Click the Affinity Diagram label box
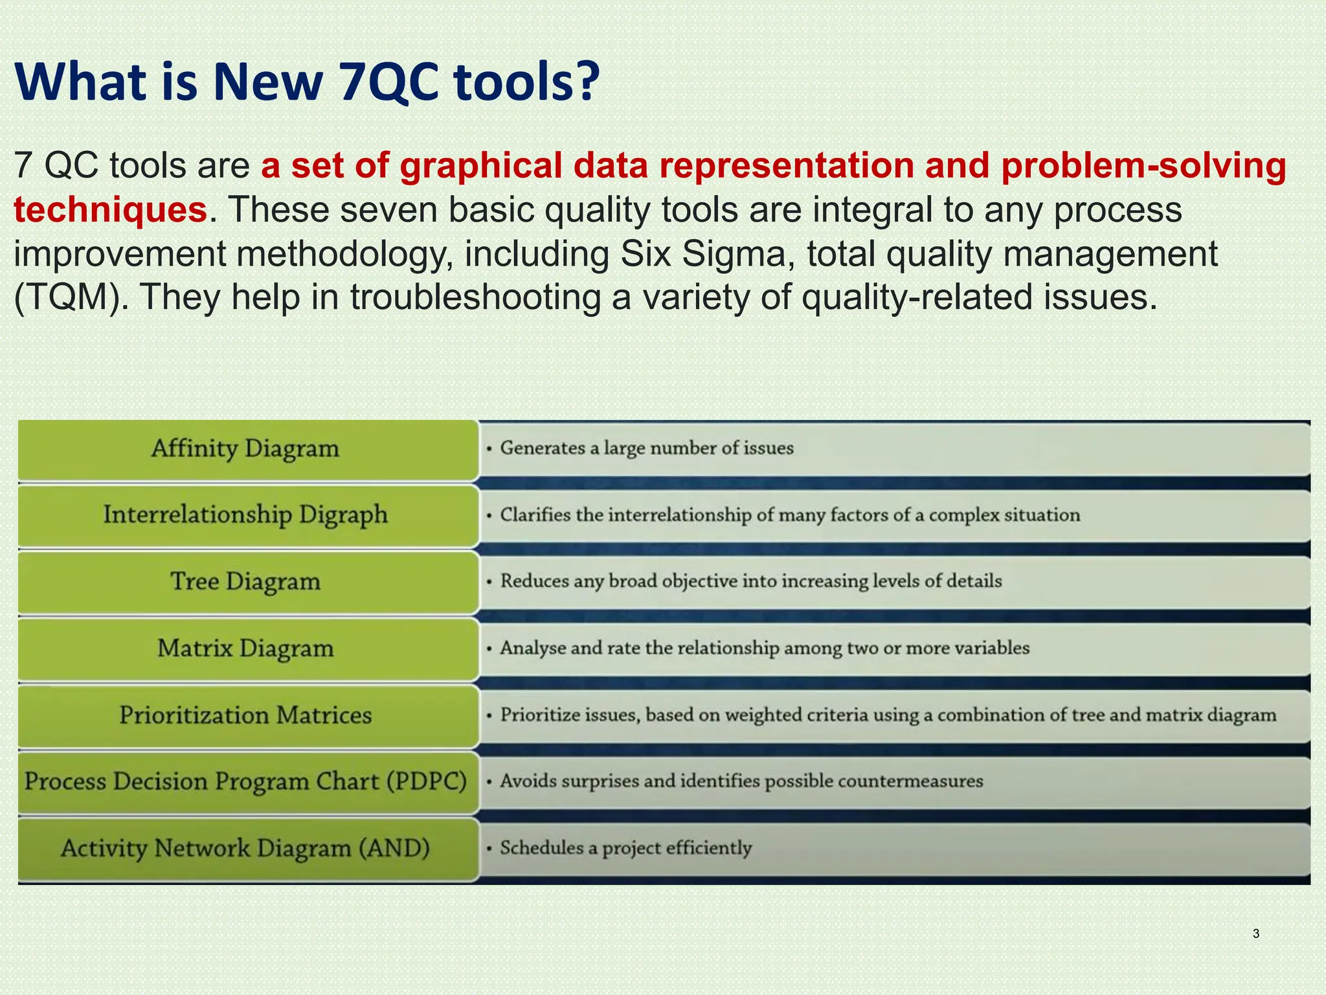click(x=246, y=449)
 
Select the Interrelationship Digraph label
click(x=246, y=516)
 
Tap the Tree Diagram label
click(x=246, y=582)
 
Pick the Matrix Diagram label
click(x=246, y=648)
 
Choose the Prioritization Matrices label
click(x=246, y=716)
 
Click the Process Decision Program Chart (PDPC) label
click(x=246, y=782)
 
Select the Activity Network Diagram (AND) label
click(x=246, y=849)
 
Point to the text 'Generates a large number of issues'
click(x=646, y=448)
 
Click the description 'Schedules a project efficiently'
click(x=625, y=848)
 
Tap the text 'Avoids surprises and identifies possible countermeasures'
click(x=741, y=781)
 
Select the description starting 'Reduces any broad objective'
click(x=751, y=581)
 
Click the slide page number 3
click(x=1256, y=933)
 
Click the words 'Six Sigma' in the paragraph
click(x=702, y=254)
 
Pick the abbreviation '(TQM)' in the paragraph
click(x=71, y=298)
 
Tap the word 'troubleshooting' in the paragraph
click(x=475, y=298)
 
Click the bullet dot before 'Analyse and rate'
click(x=490, y=649)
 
